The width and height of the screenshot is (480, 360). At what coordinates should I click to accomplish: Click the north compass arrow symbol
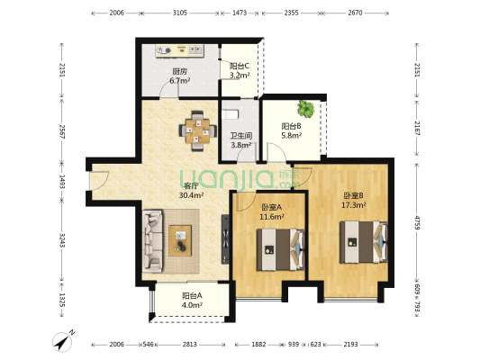(63, 342)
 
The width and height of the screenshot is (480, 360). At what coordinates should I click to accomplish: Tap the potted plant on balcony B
(306, 108)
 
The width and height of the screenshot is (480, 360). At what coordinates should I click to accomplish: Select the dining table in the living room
(198, 130)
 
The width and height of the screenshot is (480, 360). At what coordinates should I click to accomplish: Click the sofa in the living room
(152, 240)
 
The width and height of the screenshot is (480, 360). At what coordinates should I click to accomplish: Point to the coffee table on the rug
(180, 240)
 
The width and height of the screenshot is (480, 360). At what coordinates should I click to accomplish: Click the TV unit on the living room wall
(225, 238)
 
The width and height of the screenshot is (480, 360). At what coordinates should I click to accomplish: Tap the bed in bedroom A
(280, 249)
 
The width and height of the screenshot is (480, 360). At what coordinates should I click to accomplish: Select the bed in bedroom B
(364, 242)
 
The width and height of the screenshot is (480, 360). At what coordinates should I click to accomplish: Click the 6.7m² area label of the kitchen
(180, 81)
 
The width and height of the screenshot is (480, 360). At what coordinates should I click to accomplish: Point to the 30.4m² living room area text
(192, 195)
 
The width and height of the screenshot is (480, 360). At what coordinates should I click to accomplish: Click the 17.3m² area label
(354, 205)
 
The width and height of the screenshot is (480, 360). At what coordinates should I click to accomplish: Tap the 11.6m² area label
(272, 217)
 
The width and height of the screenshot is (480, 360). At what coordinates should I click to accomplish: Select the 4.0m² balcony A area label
(192, 305)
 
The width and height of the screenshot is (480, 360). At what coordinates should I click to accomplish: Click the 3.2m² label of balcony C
(240, 76)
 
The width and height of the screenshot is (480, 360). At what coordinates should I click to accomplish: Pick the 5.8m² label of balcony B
(292, 135)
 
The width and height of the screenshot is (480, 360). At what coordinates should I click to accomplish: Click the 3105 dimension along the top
(180, 13)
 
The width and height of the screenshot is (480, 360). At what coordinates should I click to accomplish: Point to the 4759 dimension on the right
(418, 222)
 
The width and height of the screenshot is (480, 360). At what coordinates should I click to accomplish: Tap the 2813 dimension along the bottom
(190, 345)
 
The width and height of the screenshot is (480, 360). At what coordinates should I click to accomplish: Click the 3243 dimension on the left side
(62, 240)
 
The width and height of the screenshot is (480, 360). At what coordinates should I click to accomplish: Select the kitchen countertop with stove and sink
(179, 50)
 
